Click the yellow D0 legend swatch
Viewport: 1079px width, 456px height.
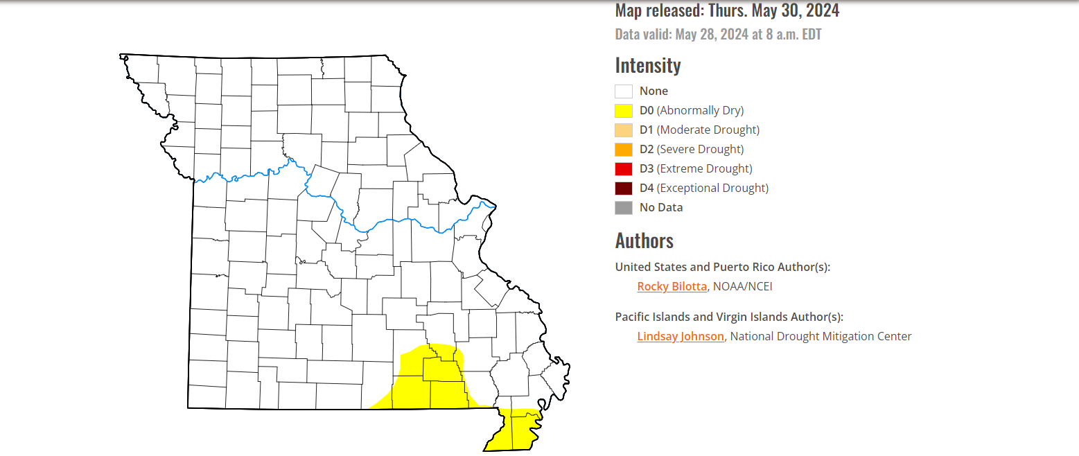624,110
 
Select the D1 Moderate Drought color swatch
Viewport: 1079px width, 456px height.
624,130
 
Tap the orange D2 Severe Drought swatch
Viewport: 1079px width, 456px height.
624,149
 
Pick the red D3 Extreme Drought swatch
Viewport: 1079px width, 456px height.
624,168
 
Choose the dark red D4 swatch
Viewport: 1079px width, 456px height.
624,188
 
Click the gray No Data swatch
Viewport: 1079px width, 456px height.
624,207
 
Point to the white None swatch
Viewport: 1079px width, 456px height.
624,91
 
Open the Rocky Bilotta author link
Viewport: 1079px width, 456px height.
672,286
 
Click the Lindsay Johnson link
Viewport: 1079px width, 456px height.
681,336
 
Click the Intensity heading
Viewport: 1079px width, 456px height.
648,65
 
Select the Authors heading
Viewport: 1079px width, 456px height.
644,240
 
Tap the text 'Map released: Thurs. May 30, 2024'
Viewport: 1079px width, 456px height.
727,10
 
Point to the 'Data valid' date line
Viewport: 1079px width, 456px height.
718,34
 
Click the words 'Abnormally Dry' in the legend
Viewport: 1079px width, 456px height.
700,110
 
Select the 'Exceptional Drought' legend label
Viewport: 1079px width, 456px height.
712,188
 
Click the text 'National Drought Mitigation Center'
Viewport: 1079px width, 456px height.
821,336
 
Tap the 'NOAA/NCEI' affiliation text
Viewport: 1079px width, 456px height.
742,286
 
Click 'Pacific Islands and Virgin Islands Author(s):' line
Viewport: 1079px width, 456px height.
729,317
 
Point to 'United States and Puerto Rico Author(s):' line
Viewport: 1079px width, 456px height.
722,267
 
